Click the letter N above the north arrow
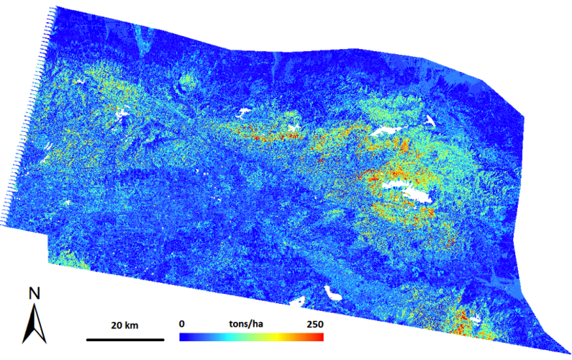33,294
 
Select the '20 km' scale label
125,325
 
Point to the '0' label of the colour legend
182,325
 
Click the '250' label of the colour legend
314,325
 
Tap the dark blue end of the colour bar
184,337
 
